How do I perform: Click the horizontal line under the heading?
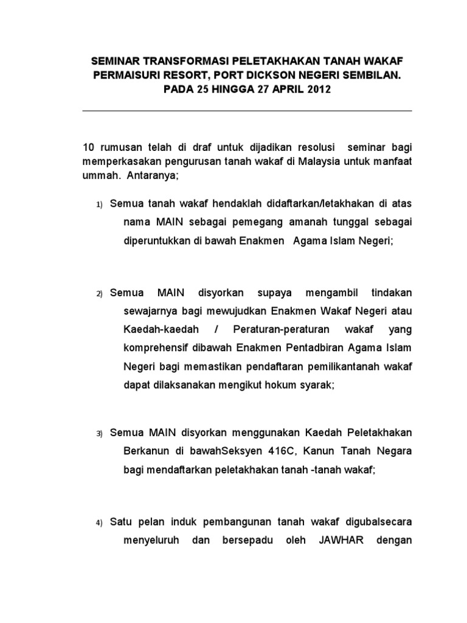247,111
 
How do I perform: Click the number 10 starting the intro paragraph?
89,148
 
